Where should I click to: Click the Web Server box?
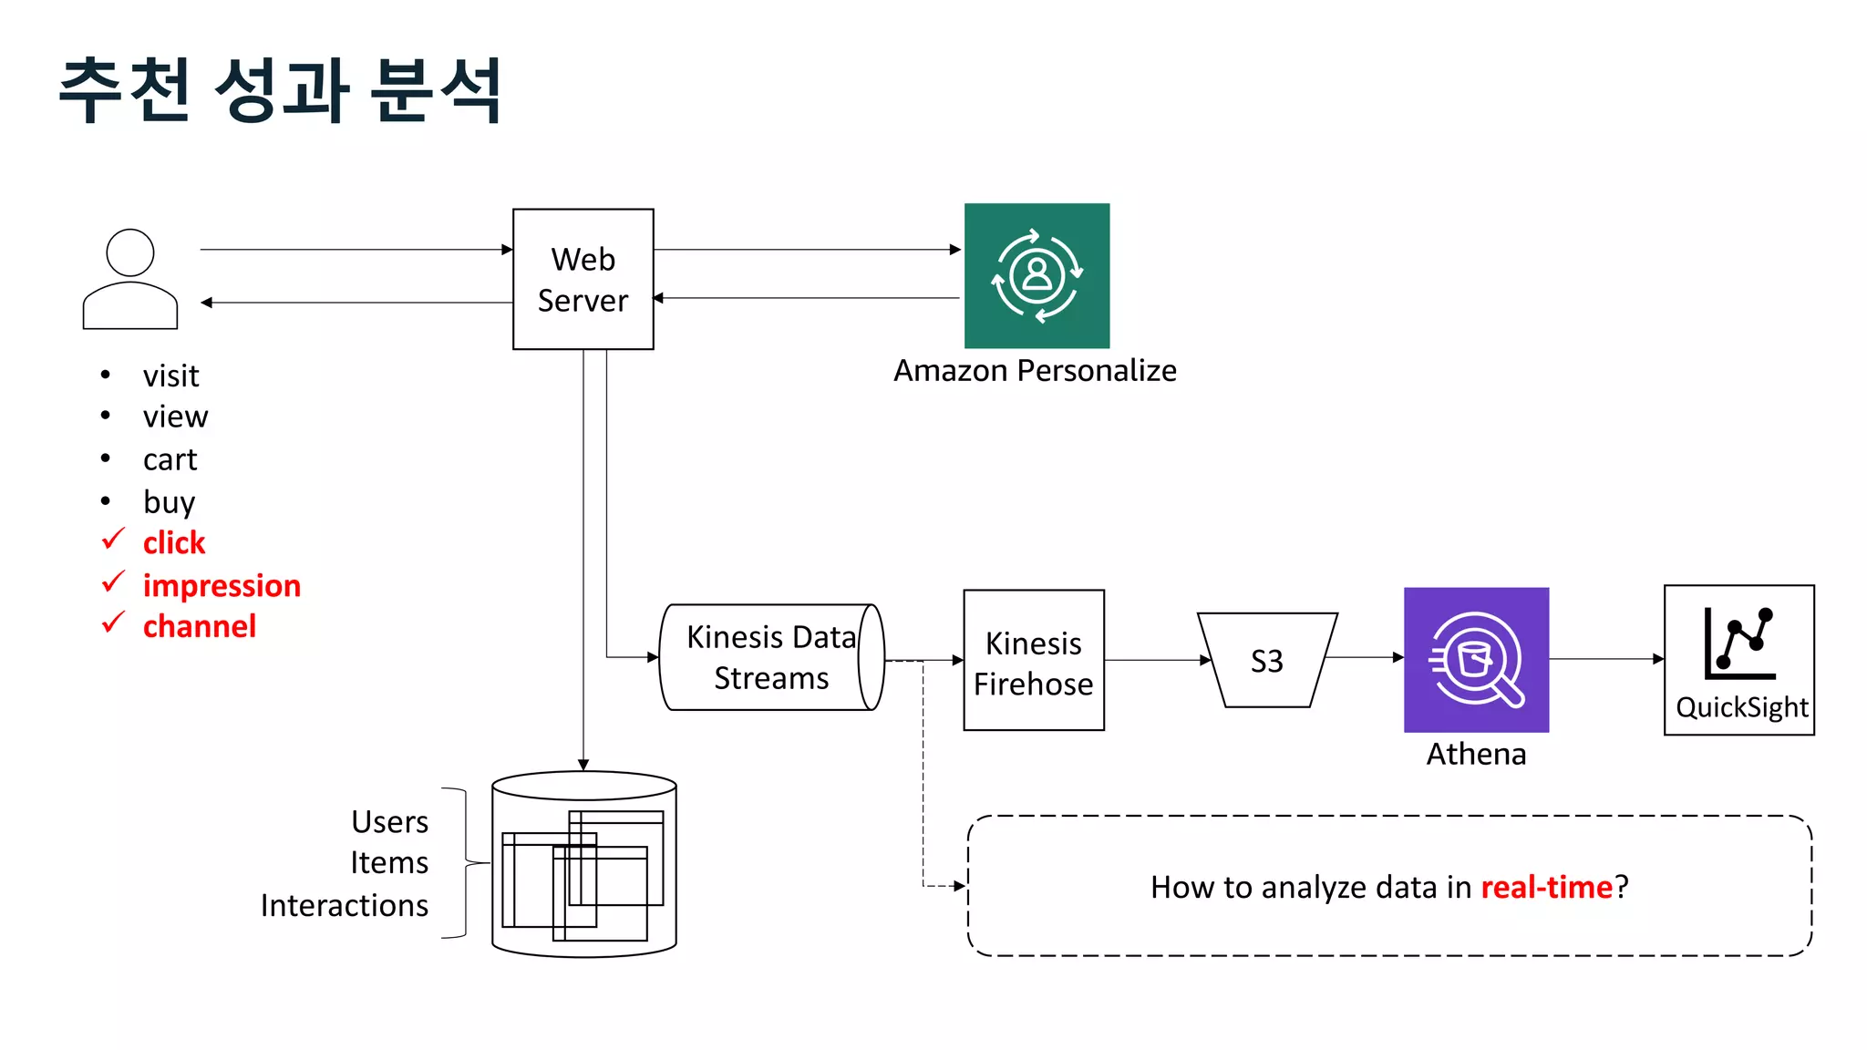pos(583,279)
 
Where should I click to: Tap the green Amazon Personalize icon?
pos(1037,275)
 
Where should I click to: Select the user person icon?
pos(130,279)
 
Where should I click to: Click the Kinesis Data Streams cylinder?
pos(770,657)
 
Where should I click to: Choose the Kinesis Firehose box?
pos(1033,661)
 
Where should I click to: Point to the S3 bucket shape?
pos(1266,661)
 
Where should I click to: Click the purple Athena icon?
pos(1476,660)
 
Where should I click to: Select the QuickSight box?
pos(1738,661)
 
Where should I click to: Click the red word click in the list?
pos(174,543)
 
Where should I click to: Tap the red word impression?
pos(222,585)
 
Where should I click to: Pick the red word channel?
pos(200,627)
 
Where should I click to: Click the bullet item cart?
pos(170,459)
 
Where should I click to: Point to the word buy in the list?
pos(169,502)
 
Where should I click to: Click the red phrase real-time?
pos(1546,887)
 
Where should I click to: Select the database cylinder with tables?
pos(583,864)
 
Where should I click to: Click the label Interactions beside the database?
pos(344,905)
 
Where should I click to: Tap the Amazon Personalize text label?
pos(1035,371)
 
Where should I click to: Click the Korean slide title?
pos(280,89)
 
